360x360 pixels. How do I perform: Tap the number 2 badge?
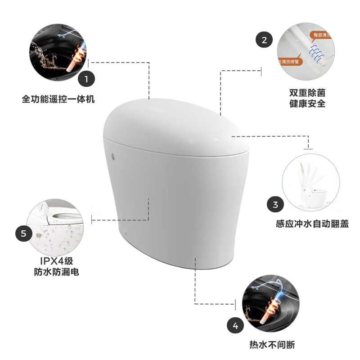pos(264,40)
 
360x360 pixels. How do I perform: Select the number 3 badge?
pos(275,204)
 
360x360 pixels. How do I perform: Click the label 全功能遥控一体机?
pos(58,99)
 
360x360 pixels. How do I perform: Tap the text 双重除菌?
pos(307,93)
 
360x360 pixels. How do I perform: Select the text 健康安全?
pos(307,104)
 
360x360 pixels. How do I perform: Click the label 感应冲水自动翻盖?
pos(312,224)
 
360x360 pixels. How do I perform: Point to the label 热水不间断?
pos(272,345)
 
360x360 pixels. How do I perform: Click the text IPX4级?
pos(56,261)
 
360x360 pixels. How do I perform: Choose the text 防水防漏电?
pos(56,272)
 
